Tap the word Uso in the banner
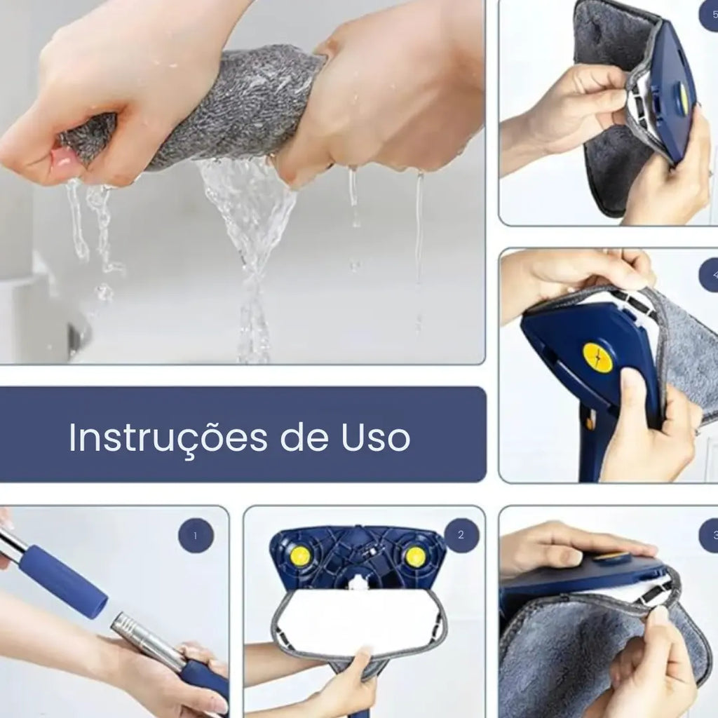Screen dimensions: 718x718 (x=376, y=438)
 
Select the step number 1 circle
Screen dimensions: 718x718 (x=196, y=536)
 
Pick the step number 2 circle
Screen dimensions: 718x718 (x=461, y=536)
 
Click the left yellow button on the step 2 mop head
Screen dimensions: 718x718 (x=300, y=556)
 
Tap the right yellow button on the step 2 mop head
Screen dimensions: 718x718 (x=415, y=557)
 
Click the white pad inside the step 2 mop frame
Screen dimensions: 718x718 (x=358, y=621)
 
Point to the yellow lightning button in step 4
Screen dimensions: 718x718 (x=597, y=358)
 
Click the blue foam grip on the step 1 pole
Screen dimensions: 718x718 (x=63, y=581)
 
